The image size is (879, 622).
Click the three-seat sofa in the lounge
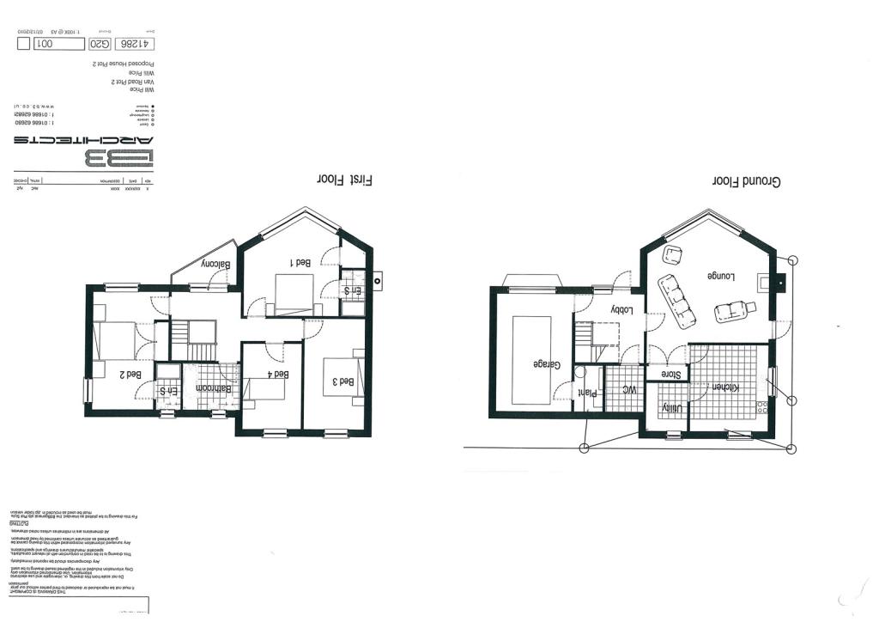(x=678, y=302)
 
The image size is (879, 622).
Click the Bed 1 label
(x=300, y=264)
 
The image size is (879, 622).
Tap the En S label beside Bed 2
(x=168, y=392)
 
